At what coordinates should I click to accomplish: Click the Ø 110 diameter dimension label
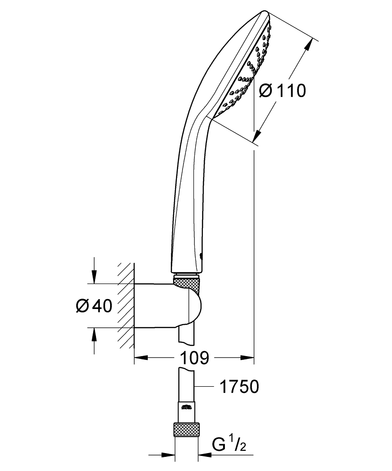(282, 90)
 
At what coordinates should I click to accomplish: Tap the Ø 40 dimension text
(94, 306)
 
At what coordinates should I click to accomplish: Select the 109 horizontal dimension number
(194, 358)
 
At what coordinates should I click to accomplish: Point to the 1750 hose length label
(239, 387)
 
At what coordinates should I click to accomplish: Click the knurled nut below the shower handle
(187, 285)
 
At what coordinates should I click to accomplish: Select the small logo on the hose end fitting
(186, 407)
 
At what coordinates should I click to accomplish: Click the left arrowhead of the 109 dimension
(141, 358)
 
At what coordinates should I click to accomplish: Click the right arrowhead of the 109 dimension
(247, 358)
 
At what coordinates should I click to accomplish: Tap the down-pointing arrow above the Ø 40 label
(94, 276)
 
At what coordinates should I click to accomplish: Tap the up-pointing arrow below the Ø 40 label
(94, 334)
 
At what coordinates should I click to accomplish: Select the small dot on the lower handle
(201, 256)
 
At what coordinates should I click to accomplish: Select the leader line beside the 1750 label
(204, 387)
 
